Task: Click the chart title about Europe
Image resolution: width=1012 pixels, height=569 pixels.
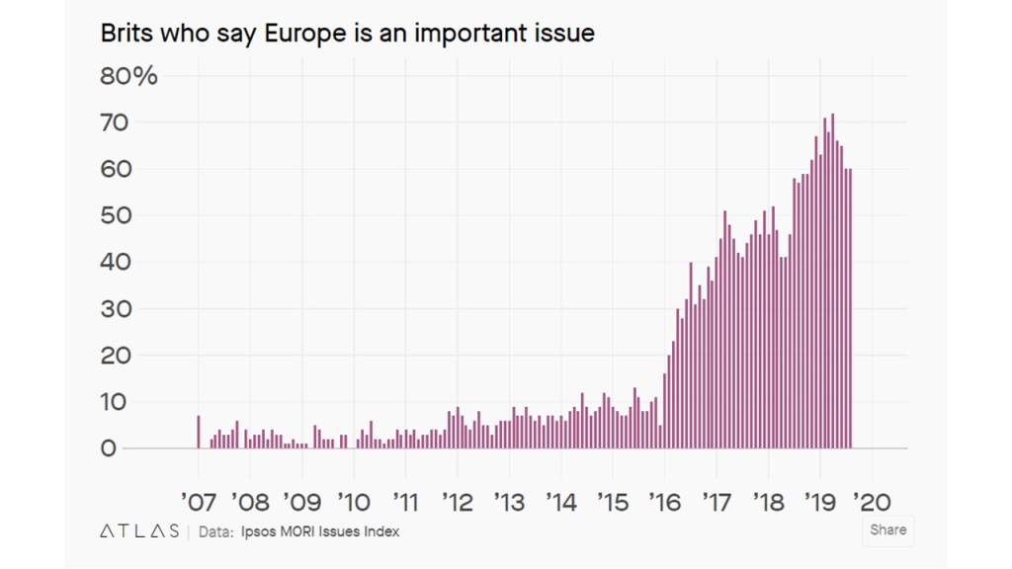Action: pos(347,34)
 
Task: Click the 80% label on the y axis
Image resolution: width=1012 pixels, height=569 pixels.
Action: pos(128,76)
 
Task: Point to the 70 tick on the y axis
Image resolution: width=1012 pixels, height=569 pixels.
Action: pos(116,122)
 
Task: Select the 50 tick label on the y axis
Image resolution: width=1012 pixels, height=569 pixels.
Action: pos(116,215)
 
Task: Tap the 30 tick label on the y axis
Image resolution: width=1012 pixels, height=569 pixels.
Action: pos(116,308)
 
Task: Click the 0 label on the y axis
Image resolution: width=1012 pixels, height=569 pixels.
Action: pos(108,448)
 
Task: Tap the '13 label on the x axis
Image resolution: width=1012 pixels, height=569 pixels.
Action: pos(508,500)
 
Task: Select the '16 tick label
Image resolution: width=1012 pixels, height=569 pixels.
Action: pos(663,500)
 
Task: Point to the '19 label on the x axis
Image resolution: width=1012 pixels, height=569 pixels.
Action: pos(818,500)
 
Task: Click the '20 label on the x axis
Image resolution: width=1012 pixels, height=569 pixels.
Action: pos(870,500)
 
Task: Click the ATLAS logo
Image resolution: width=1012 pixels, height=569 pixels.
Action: pos(139,531)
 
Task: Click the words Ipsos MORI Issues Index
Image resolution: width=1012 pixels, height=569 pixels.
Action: pos(319,531)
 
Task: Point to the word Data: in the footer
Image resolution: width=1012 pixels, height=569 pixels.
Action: pos(216,531)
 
